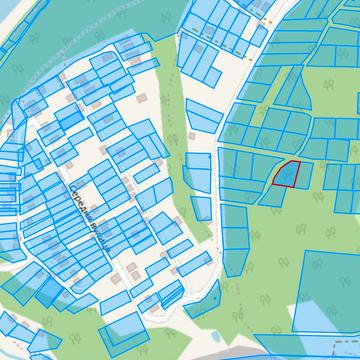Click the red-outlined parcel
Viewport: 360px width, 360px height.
pyautogui.click(x=286, y=174)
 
